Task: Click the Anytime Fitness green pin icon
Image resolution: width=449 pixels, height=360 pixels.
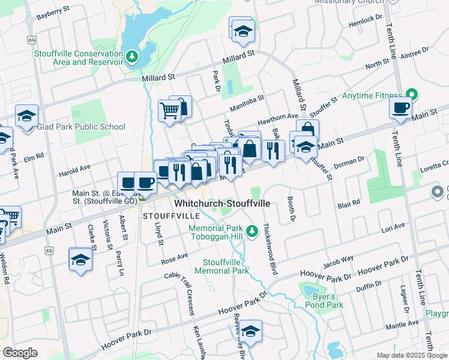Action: (411, 95)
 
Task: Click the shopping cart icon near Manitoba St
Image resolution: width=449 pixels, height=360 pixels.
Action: (169, 110)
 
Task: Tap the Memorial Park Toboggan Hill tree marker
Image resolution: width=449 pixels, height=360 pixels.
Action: (253, 230)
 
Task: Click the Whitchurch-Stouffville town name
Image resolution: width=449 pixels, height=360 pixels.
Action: (223, 203)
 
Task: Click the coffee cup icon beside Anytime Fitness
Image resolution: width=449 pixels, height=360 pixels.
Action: (400, 108)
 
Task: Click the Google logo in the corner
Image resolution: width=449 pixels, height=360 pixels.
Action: (20, 353)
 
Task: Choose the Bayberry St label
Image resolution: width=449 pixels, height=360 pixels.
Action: (49, 16)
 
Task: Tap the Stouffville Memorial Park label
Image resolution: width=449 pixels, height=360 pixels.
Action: (226, 266)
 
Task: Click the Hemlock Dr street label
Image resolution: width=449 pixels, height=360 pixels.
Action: (364, 23)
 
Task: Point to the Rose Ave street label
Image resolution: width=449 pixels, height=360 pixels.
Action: (175, 259)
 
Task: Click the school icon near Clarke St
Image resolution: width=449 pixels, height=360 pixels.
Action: (80, 259)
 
